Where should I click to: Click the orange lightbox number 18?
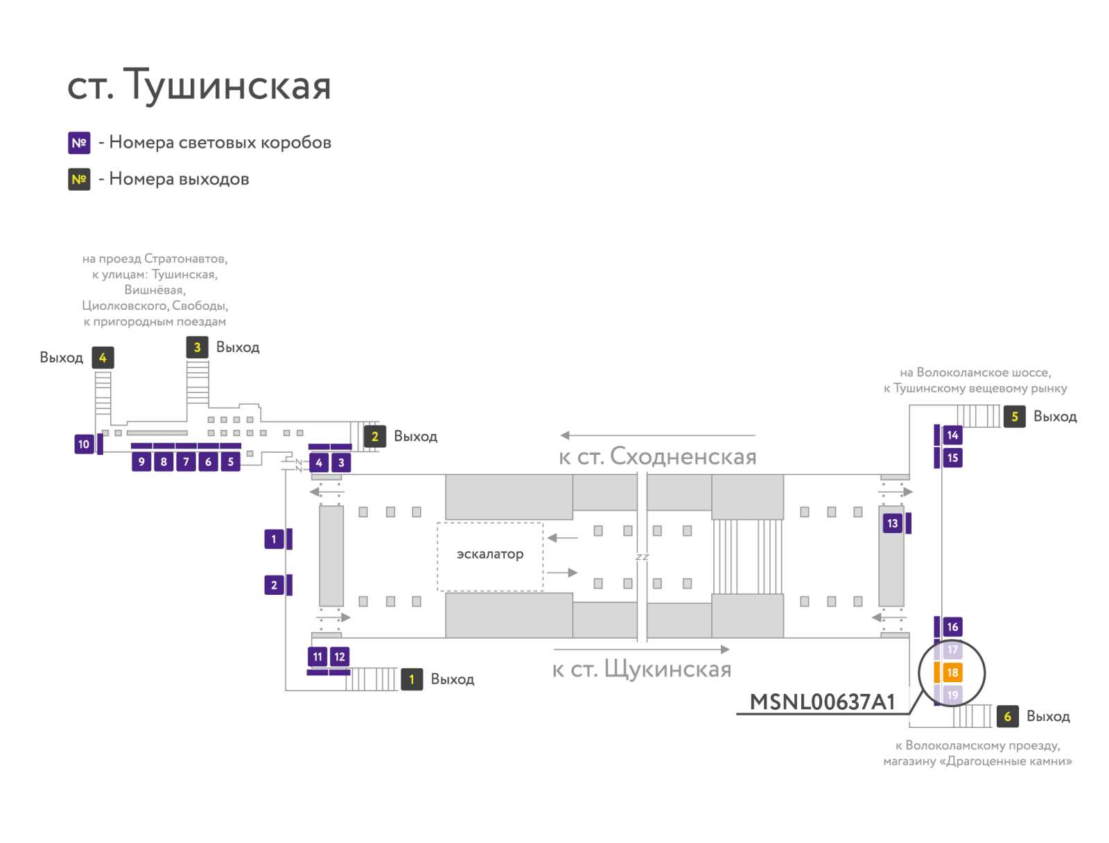pyautogui.click(x=952, y=672)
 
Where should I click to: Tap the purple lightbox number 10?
pyautogui.click(x=84, y=444)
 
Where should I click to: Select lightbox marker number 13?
pyautogui.click(x=892, y=523)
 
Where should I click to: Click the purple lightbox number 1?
pyautogui.click(x=274, y=539)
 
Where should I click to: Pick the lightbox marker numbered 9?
pyautogui.click(x=141, y=461)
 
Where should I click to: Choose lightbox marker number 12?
pyautogui.click(x=340, y=657)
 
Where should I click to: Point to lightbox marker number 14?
pyautogui.click(x=952, y=435)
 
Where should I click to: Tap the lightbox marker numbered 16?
pyautogui.click(x=952, y=627)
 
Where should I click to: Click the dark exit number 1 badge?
pyautogui.click(x=412, y=679)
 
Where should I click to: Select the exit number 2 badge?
pyautogui.click(x=375, y=436)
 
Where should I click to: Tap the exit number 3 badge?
pyautogui.click(x=197, y=347)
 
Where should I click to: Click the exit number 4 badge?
pyautogui.click(x=103, y=358)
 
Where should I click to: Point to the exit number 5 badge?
pyautogui.click(x=1015, y=417)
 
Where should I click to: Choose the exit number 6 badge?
pyautogui.click(x=1007, y=716)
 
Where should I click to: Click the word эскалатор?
pyautogui.click(x=490, y=554)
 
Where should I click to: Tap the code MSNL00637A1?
pyautogui.click(x=822, y=702)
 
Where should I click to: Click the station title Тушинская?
pyautogui.click(x=227, y=85)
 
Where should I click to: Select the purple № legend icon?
pyautogui.click(x=79, y=143)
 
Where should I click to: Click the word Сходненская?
pyautogui.click(x=683, y=456)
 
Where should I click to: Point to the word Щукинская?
pyautogui.click(x=668, y=670)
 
